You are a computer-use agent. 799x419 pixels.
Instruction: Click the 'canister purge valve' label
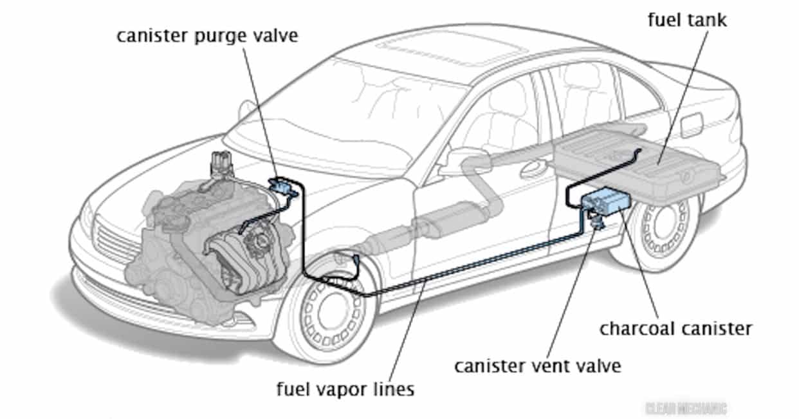pyautogui.click(x=207, y=35)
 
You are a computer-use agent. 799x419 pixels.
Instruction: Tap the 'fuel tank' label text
pyautogui.click(x=687, y=20)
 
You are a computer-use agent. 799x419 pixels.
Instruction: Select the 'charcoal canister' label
pyautogui.click(x=675, y=329)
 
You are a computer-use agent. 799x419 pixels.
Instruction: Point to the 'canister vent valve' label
pyautogui.click(x=537, y=366)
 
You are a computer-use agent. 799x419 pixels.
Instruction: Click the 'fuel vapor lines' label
pyautogui.click(x=345, y=389)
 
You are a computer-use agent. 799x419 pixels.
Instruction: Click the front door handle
pyautogui.click(x=533, y=169)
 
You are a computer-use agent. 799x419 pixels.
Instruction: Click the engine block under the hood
pyautogui.click(x=193, y=238)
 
